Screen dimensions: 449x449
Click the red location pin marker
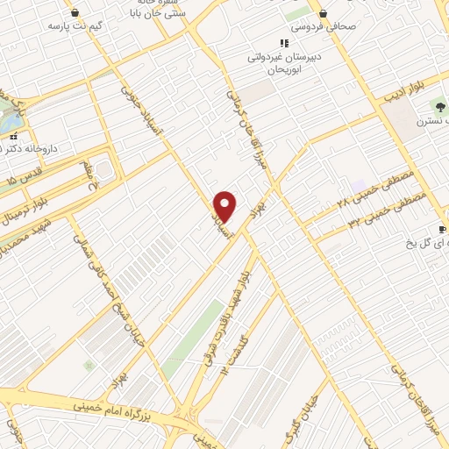(x=225, y=206)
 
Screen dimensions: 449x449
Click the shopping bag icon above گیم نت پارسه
(x=75, y=13)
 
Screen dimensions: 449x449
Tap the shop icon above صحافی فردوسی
(x=324, y=14)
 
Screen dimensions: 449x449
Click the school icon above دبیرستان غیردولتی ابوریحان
(x=283, y=42)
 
